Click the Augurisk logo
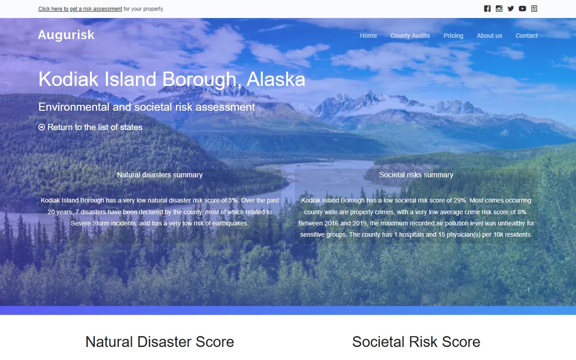click(66, 35)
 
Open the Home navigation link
click(368, 36)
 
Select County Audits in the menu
click(410, 36)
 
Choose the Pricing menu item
click(453, 36)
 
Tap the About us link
click(489, 36)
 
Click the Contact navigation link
click(526, 36)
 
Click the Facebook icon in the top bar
click(487, 9)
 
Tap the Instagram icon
click(499, 9)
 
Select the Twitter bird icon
click(511, 9)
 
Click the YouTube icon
click(522, 9)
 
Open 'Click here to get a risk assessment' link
click(80, 9)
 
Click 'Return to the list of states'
click(95, 127)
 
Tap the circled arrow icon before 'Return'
click(42, 127)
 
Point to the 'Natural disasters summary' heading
click(160, 175)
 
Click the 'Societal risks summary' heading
click(416, 175)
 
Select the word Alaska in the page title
click(276, 80)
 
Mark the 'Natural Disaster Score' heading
click(160, 342)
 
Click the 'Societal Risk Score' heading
click(416, 342)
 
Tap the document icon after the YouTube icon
click(534, 9)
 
